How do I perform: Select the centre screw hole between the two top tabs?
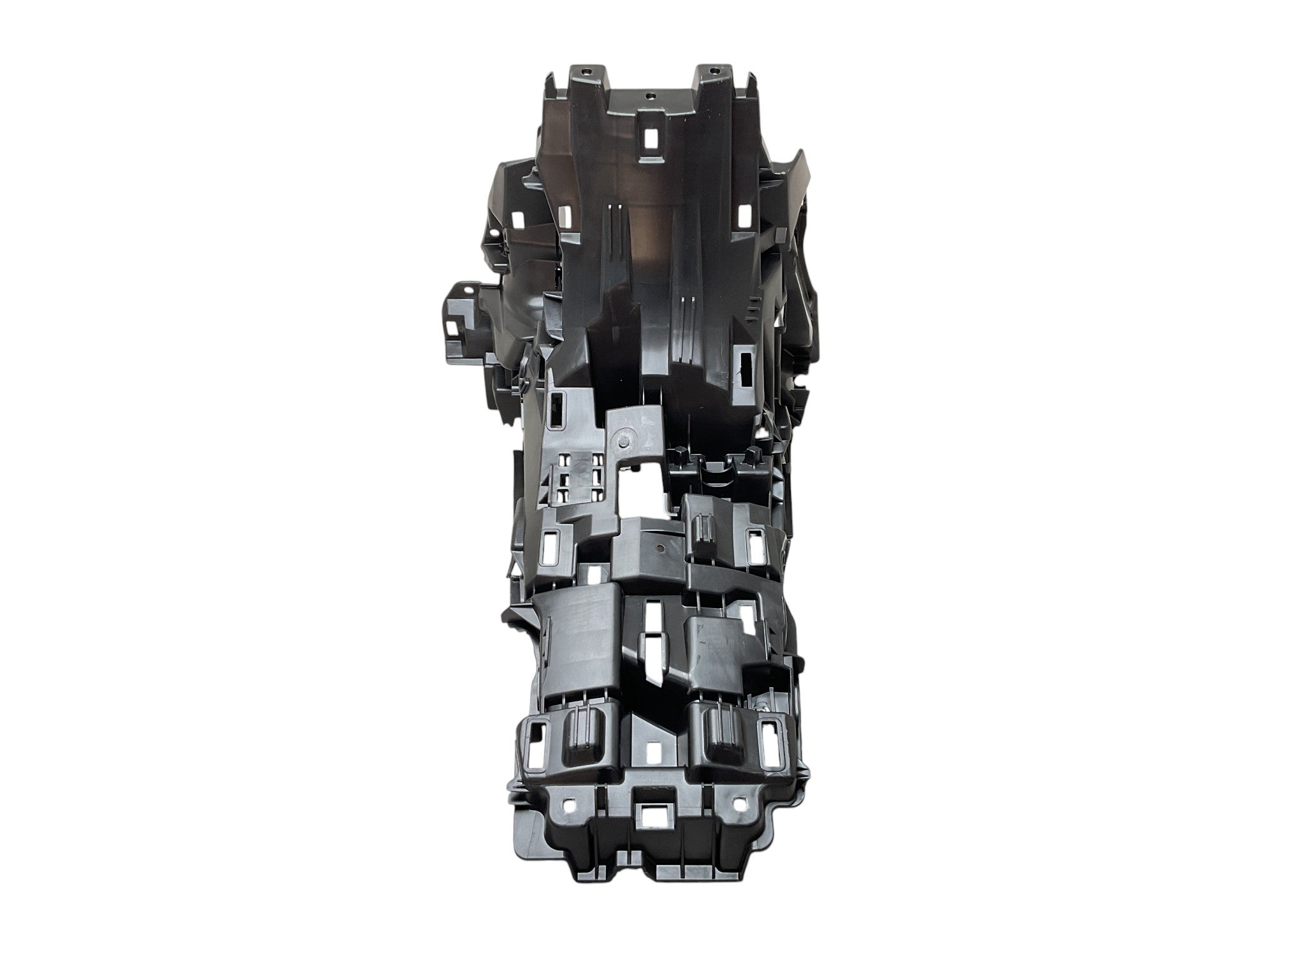click(650, 97)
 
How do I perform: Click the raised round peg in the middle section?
click(624, 441)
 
